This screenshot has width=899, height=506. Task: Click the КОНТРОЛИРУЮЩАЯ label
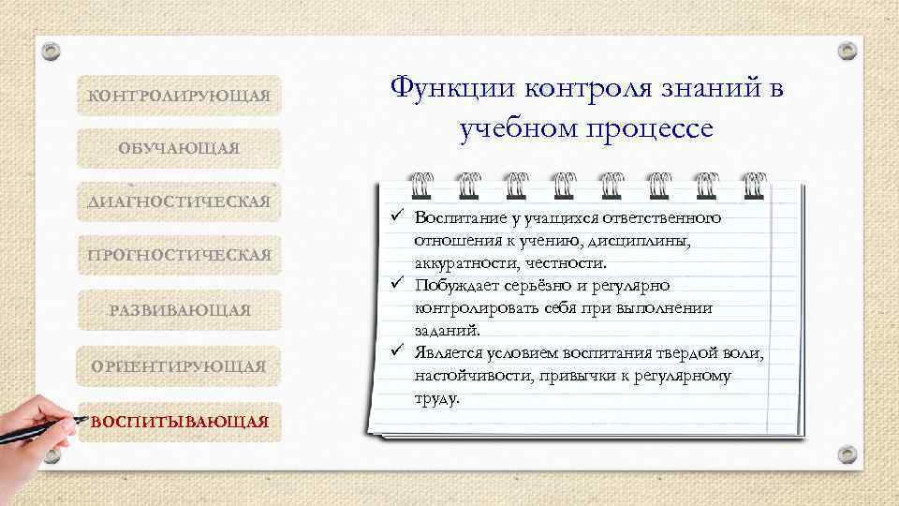click(179, 97)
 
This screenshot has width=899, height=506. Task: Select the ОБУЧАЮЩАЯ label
click(179, 149)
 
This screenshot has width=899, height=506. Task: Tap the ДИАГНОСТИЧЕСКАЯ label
click(179, 201)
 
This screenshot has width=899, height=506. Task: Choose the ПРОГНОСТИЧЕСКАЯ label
click(179, 255)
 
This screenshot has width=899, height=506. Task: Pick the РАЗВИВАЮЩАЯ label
click(179, 310)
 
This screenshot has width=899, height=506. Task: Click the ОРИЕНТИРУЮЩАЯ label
click(179, 365)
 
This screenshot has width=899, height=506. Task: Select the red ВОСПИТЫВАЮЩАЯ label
click(179, 421)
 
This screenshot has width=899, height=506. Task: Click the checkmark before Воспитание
click(396, 217)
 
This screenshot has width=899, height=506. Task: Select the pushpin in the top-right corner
click(847, 51)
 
